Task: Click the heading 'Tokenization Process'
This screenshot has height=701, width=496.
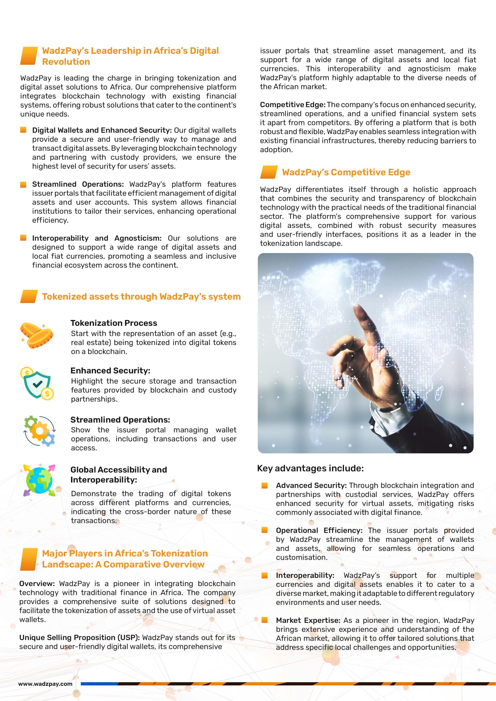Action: pos(114,323)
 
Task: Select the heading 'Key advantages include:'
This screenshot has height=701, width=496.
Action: pos(310,468)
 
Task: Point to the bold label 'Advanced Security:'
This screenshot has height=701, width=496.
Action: pos(311,486)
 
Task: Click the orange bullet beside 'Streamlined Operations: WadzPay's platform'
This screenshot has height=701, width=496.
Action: pos(23,184)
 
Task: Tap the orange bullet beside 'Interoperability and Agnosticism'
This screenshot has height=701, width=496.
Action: pos(23,238)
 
